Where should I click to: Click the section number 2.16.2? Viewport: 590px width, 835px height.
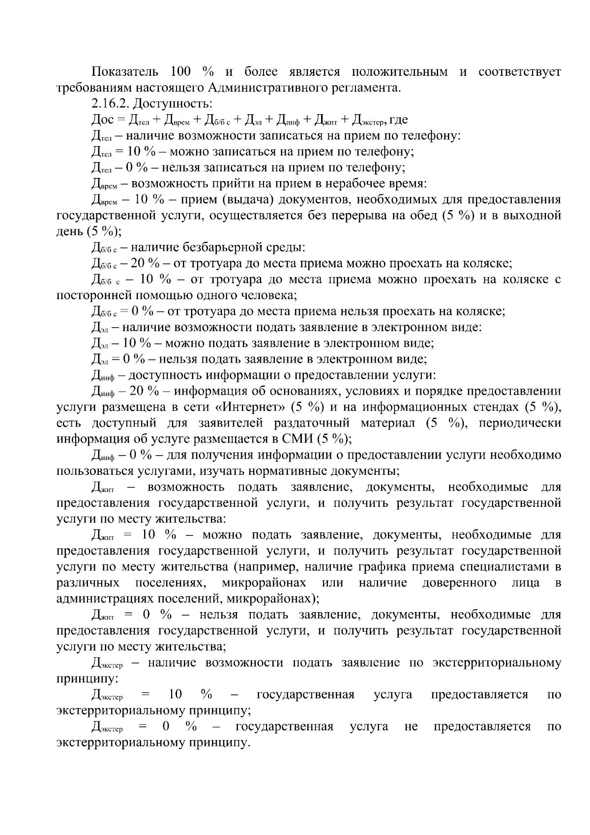111,104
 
